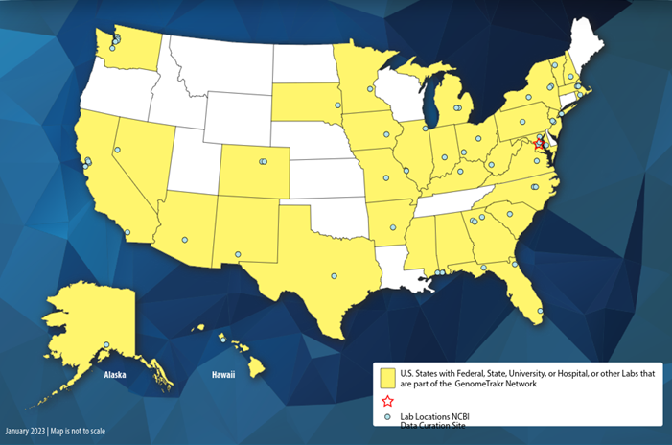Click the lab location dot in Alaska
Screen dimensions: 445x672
106,345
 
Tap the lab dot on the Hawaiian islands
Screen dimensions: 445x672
223,338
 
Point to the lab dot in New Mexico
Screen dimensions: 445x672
239,254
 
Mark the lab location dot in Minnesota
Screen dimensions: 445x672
370,89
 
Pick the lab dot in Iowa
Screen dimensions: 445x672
387,134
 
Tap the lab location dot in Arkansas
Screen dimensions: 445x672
392,227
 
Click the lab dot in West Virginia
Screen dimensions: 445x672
492,165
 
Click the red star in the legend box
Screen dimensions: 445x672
387,402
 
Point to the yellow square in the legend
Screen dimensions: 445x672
387,375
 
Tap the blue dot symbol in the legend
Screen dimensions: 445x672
387,418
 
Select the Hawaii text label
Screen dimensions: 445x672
222,375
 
